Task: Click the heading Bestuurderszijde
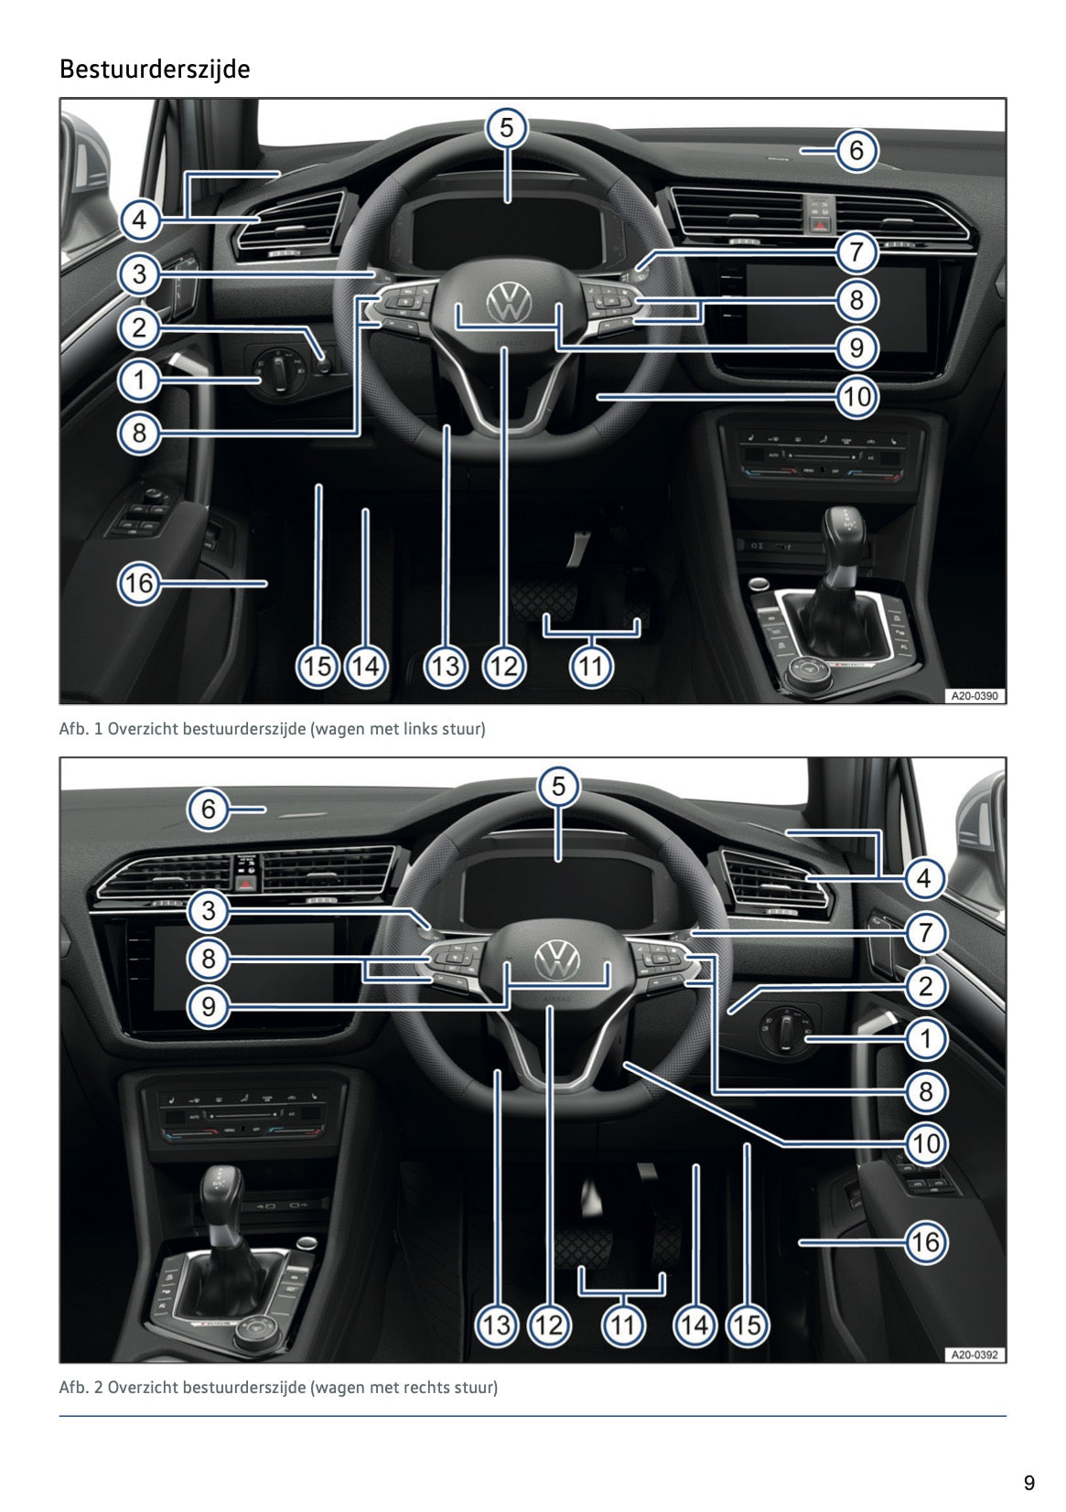tap(154, 70)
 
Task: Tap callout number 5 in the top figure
tap(507, 127)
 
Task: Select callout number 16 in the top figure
tap(139, 583)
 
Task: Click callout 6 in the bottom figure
tap(209, 809)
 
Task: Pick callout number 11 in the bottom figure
tap(622, 1324)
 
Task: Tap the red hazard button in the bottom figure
tap(246, 883)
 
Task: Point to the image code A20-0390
tap(974, 696)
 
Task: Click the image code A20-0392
tap(974, 1355)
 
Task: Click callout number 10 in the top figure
tap(856, 397)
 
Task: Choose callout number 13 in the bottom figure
tap(496, 1324)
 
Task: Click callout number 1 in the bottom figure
tap(926, 1038)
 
